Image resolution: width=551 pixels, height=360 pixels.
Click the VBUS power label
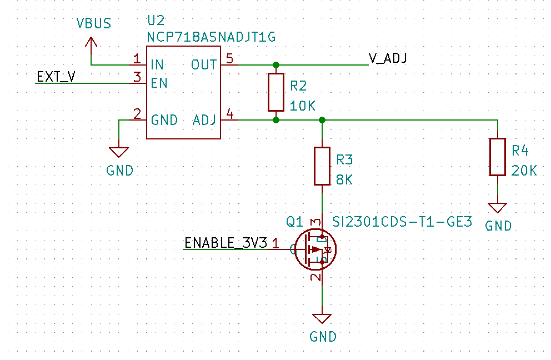point(94,23)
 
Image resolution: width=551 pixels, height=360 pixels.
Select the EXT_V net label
point(56,77)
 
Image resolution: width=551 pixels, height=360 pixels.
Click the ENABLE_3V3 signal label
point(226,243)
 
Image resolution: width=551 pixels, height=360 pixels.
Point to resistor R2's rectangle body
point(276,92)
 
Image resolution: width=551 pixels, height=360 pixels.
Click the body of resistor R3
point(322,166)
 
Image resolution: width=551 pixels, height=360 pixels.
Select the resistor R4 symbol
point(498,157)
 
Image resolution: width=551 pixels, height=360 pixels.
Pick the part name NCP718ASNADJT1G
point(212,37)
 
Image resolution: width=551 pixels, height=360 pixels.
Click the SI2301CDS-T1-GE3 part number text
point(402,222)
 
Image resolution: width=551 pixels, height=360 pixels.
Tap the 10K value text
point(303,106)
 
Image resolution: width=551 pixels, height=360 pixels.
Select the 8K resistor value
point(344,180)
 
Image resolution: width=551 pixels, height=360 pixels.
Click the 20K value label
point(524,171)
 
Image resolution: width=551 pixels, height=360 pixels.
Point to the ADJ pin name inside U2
point(204,120)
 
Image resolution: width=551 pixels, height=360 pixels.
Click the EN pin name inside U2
point(159,83)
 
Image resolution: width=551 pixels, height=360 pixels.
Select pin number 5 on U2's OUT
point(230,58)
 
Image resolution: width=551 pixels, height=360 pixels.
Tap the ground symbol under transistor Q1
point(322,319)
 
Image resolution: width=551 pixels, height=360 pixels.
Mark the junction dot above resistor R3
point(322,120)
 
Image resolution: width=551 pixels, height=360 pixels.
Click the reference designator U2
point(156,21)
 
